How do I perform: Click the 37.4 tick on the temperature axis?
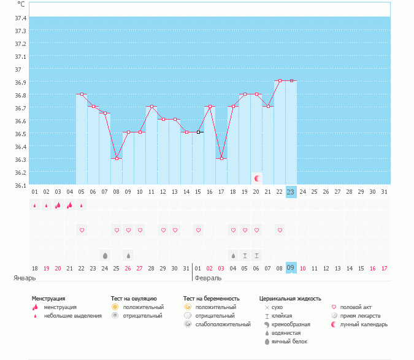click(20, 18)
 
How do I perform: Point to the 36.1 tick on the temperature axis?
click(20, 185)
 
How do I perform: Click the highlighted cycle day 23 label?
click(291, 192)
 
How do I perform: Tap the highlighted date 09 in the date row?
click(291, 268)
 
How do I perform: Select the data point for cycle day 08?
click(117, 158)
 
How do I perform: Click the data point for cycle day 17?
click(221, 158)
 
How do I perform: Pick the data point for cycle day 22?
click(280, 80)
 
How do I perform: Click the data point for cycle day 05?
click(82, 94)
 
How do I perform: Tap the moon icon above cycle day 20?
click(257, 178)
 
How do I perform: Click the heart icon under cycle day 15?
click(198, 230)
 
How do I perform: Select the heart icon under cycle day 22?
click(280, 230)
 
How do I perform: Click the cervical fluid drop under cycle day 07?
click(105, 255)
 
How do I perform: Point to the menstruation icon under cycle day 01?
click(35, 205)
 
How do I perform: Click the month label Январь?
click(25, 278)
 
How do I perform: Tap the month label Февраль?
click(208, 278)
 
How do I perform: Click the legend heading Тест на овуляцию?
click(134, 299)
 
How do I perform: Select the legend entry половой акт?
click(356, 307)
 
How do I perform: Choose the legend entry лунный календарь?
click(365, 324)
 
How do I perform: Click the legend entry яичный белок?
click(289, 341)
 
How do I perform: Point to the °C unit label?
click(21, 4)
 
